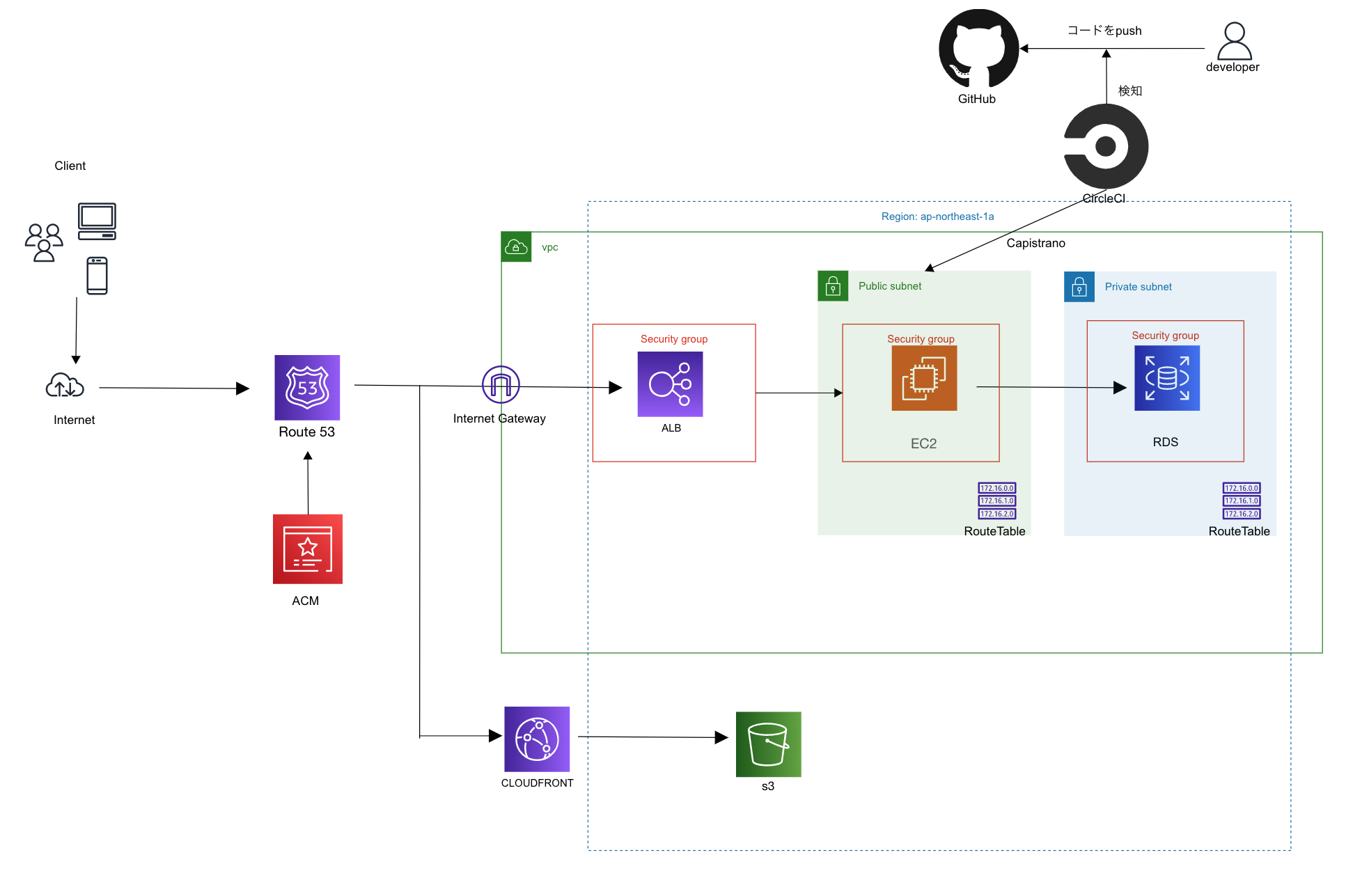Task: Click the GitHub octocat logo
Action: click(978, 49)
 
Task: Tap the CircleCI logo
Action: click(1106, 146)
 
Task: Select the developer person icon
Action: click(1234, 41)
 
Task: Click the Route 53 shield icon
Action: click(307, 388)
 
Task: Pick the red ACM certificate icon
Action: click(308, 549)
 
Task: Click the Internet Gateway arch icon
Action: click(501, 384)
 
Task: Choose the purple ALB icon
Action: click(670, 384)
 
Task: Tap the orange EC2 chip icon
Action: click(924, 378)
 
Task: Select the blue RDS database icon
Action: click(1167, 378)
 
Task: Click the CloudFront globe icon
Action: click(537, 739)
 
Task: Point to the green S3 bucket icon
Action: click(768, 744)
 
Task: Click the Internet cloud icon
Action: click(65, 386)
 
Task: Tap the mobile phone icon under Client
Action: click(97, 276)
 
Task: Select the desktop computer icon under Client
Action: click(97, 221)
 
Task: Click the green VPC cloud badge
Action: click(516, 246)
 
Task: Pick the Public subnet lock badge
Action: click(833, 286)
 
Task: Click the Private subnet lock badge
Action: click(1079, 287)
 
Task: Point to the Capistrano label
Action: click(1035, 243)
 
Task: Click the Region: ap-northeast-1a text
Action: click(937, 217)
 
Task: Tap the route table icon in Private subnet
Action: click(1242, 501)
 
